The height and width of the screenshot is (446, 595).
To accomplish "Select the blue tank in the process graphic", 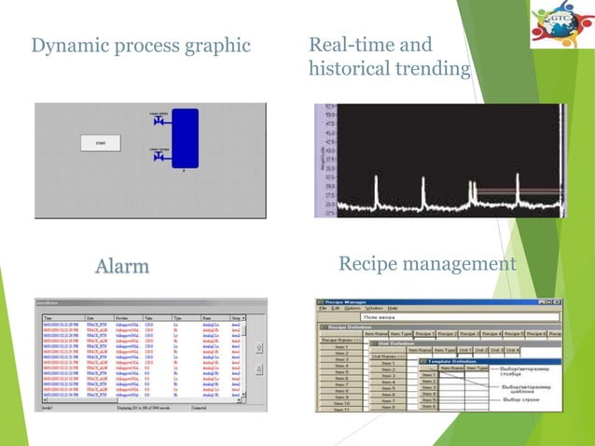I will tap(186, 138).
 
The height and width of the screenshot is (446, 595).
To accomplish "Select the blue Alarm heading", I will tap(121, 267).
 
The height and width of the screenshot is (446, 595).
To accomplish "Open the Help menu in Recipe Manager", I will tap(393, 308).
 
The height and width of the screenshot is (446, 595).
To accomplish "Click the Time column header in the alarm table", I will tap(48, 317).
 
